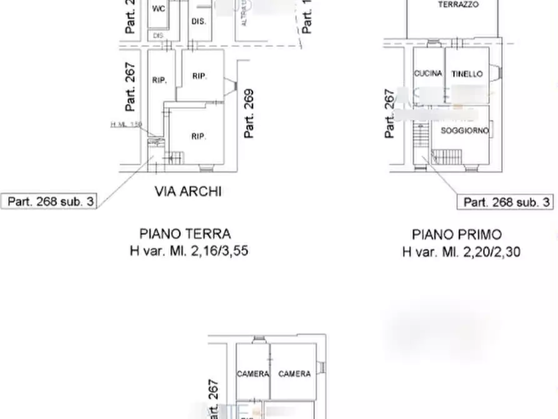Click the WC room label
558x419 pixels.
tap(157, 9)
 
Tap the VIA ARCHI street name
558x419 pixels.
tap(188, 191)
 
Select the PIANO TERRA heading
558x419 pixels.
tap(185, 234)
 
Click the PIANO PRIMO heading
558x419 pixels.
tap(457, 235)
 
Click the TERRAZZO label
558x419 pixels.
tap(459, 5)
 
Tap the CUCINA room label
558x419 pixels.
tap(428, 73)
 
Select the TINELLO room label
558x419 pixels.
tap(467, 74)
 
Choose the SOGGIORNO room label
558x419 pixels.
tap(464, 131)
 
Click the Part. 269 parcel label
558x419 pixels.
tap(249, 114)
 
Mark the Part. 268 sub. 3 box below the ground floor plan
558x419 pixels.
tap(51, 201)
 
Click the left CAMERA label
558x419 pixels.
tap(252, 374)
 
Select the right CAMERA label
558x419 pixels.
tap(294, 374)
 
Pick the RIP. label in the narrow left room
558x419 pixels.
tap(159, 81)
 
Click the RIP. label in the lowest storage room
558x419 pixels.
tap(199, 136)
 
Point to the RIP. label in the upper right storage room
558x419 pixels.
tap(199, 76)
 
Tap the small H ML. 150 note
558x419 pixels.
tap(126, 124)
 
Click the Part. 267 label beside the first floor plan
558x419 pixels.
tap(390, 113)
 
